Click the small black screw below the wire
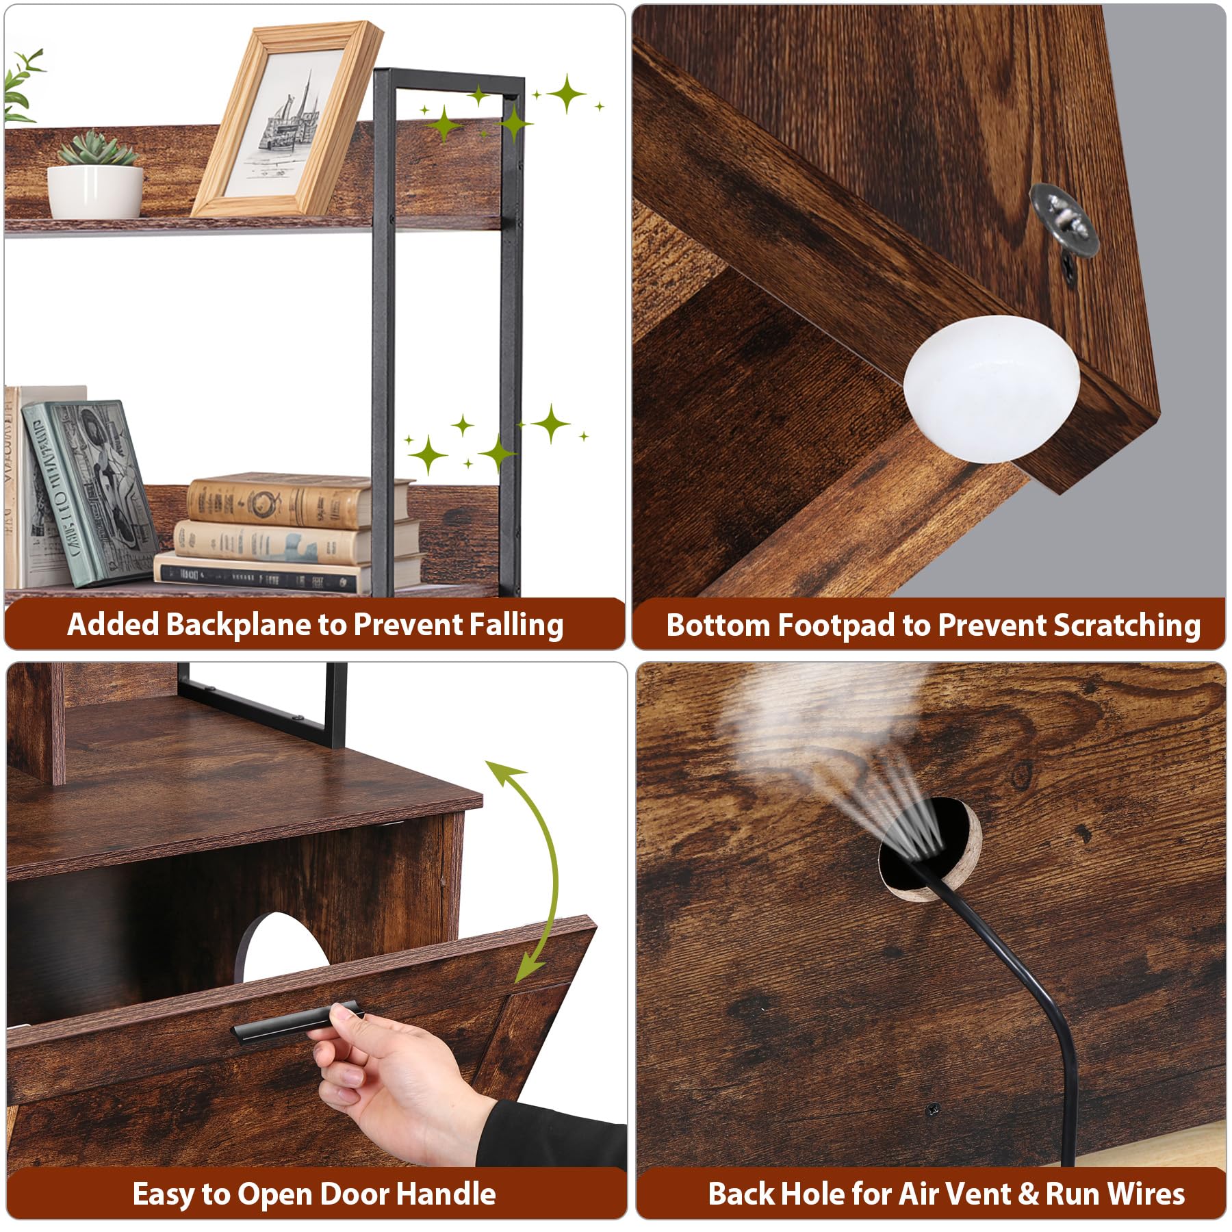point(932,1109)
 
